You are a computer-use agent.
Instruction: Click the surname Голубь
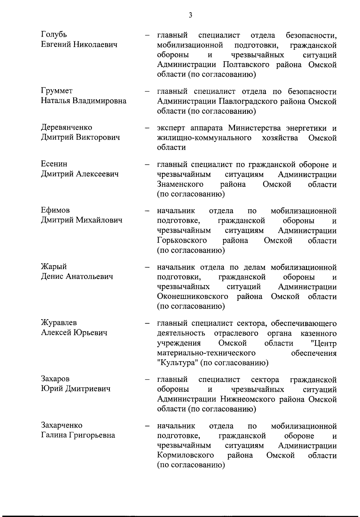(54, 35)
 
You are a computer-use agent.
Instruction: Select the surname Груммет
(57, 91)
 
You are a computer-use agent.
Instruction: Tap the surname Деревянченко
(67, 127)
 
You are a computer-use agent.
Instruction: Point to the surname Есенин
(54, 164)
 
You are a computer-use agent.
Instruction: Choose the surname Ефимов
(55, 210)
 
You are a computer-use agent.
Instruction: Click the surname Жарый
(54, 266)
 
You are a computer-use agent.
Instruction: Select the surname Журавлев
(59, 322)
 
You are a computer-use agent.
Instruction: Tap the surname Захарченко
(61, 425)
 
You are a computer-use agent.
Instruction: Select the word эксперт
(172, 128)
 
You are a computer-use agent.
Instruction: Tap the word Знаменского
(180, 184)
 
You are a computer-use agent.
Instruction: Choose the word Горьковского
(182, 240)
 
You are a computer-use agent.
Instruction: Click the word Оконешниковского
(193, 297)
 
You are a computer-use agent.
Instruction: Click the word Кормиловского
(185, 455)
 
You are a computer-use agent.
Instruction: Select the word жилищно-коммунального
(204, 138)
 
